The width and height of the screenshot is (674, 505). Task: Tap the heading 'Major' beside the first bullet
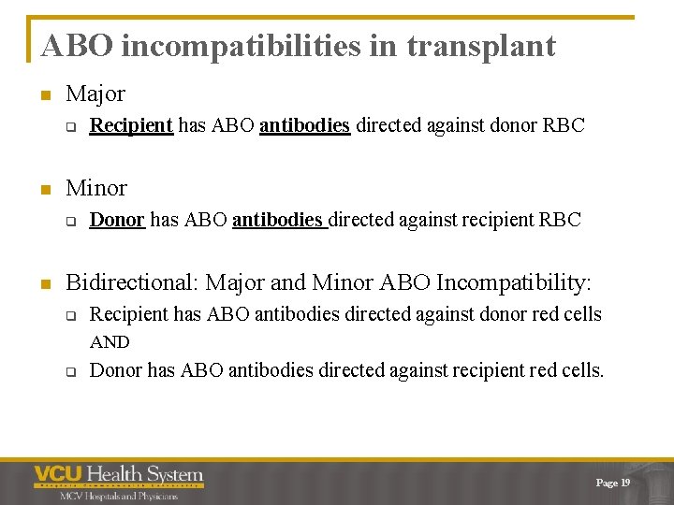[x=95, y=94]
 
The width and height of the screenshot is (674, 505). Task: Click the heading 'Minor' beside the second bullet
[x=96, y=187]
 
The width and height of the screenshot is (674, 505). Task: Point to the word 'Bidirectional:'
[x=132, y=281]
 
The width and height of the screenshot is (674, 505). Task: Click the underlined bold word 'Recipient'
[x=131, y=125]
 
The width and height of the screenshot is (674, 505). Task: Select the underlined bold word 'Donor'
[x=117, y=220]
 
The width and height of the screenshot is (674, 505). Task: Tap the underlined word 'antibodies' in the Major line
[x=304, y=125]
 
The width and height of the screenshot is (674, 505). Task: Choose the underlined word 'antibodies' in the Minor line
[x=278, y=220]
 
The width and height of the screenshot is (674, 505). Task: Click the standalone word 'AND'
[x=110, y=342]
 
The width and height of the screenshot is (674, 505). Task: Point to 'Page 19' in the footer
[x=613, y=483]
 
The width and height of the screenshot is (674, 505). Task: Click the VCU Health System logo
[x=119, y=475]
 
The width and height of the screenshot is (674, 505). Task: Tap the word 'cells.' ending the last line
[x=581, y=370]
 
